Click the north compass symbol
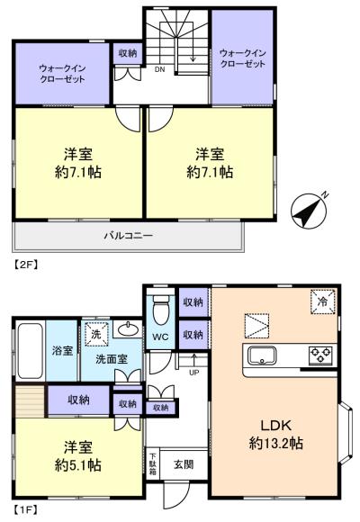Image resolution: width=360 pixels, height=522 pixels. point(309,211)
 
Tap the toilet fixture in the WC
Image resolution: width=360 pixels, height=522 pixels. point(161,310)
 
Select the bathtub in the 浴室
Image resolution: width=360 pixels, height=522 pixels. point(30,351)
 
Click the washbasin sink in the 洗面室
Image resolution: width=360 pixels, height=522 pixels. point(129,329)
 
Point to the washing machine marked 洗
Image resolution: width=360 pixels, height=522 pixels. point(96,334)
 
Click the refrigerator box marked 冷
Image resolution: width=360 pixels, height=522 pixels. point(323,301)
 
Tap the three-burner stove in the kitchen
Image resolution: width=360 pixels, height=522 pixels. point(320,355)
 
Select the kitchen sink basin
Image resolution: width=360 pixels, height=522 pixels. point(263,355)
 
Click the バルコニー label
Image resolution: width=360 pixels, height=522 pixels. point(129,236)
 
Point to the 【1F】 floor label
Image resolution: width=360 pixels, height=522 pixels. point(25,509)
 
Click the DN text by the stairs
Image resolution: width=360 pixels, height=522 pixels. point(160,69)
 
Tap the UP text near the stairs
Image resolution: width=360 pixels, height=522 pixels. point(193,373)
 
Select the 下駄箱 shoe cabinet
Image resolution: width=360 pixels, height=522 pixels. point(153,464)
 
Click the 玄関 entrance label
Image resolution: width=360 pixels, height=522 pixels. point(184,464)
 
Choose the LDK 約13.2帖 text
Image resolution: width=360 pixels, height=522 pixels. point(275,435)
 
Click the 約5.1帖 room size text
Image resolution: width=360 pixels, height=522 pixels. point(78,465)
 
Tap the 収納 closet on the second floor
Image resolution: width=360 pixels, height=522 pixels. point(128,53)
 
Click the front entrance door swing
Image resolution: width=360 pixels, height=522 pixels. point(176,493)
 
